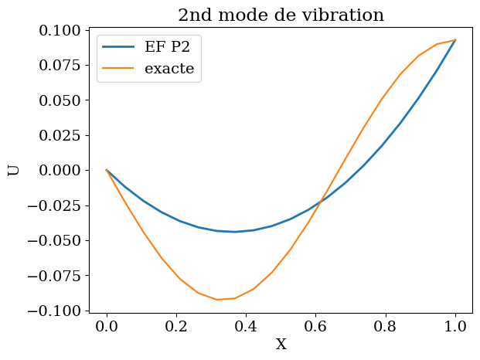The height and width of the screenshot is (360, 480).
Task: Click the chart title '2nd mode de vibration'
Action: click(x=281, y=15)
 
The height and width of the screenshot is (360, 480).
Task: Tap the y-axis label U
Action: click(x=13, y=170)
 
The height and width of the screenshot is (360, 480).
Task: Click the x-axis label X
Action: click(x=281, y=345)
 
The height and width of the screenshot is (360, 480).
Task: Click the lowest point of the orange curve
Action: click(x=217, y=299)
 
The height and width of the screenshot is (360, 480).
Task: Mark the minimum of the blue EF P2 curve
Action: click(x=235, y=232)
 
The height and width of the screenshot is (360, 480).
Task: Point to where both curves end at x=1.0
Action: click(x=456, y=40)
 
